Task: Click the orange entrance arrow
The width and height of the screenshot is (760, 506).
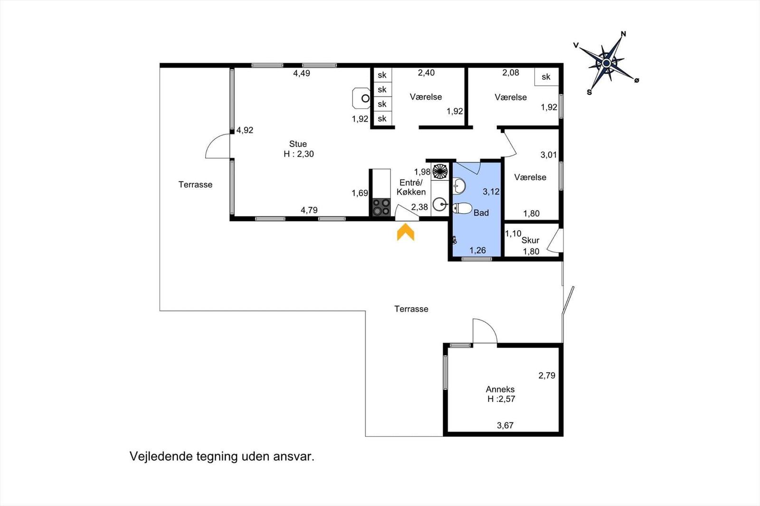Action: pyautogui.click(x=406, y=233)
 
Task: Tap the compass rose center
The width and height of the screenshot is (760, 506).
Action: pyautogui.click(x=607, y=63)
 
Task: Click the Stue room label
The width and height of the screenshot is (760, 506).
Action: pyautogui.click(x=298, y=144)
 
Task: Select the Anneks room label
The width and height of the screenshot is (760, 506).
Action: pyautogui.click(x=500, y=389)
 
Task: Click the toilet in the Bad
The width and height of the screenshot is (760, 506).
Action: pyautogui.click(x=462, y=208)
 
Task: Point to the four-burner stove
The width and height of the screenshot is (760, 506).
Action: pyautogui.click(x=381, y=207)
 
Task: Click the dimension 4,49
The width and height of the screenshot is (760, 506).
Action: pyautogui.click(x=302, y=73)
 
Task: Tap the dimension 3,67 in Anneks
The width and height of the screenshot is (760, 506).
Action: pyautogui.click(x=505, y=425)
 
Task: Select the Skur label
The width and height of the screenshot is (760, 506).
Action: pyautogui.click(x=530, y=240)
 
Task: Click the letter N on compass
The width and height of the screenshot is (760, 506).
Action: pyautogui.click(x=624, y=34)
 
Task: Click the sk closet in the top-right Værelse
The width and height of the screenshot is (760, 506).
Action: pyautogui.click(x=546, y=77)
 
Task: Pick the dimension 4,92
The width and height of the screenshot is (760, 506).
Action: pyautogui.click(x=245, y=130)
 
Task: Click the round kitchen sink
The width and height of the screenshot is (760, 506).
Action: pyautogui.click(x=440, y=205)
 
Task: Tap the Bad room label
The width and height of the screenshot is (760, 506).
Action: pyautogui.click(x=481, y=213)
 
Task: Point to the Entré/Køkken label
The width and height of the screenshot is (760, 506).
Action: pyautogui.click(x=411, y=187)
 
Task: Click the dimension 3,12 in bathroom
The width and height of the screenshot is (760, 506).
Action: pyautogui.click(x=491, y=192)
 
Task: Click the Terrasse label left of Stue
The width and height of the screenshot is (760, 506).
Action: pyautogui.click(x=195, y=185)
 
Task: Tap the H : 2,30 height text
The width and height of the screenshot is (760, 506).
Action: pyautogui.click(x=299, y=154)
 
